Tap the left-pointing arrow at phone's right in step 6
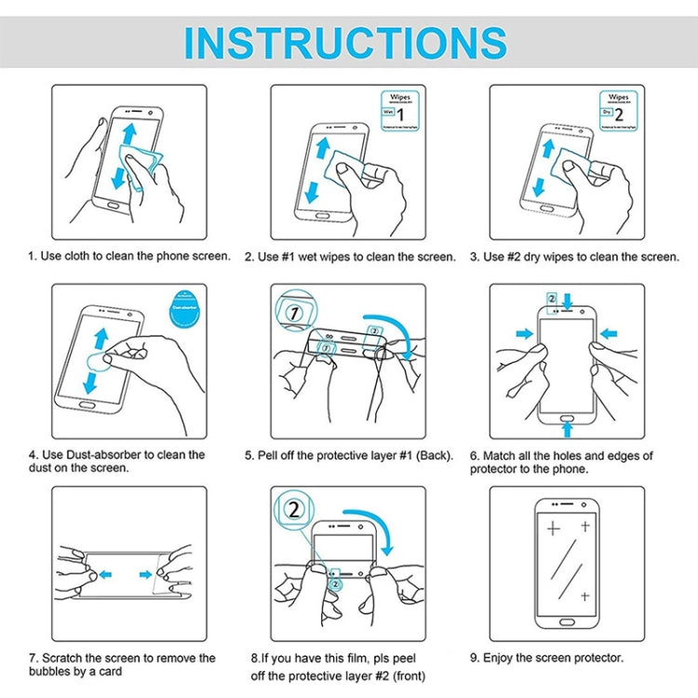coord(609,332)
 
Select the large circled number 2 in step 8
coord(295,510)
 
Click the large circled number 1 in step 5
coord(295,313)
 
